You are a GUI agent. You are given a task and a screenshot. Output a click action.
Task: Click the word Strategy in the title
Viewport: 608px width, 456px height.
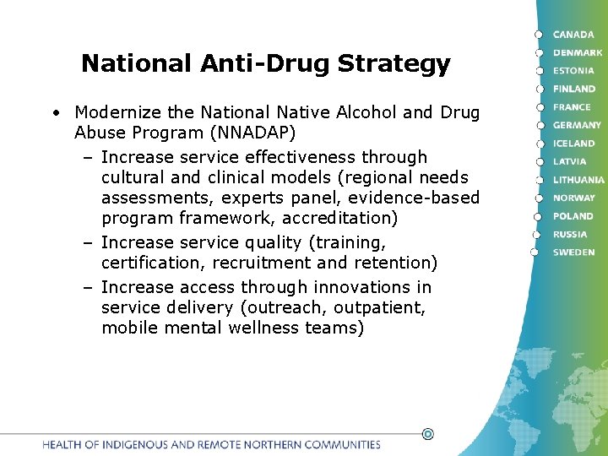click(394, 64)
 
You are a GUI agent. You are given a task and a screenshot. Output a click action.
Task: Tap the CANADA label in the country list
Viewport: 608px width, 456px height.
click(573, 35)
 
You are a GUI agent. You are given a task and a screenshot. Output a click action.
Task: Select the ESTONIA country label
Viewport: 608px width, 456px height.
click(573, 71)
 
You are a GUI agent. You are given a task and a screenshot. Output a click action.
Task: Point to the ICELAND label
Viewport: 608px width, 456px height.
click(574, 144)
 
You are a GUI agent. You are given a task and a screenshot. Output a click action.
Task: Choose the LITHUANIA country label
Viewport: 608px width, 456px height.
click(578, 180)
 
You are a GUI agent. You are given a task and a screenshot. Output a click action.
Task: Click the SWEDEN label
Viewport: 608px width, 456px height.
click(573, 252)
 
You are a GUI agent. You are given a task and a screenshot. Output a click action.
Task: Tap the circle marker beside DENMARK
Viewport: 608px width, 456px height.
click(538, 52)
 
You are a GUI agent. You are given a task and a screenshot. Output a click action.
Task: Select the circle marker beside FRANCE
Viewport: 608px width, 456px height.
click(538, 107)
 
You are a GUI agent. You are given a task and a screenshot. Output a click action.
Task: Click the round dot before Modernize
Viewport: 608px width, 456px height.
click(54, 112)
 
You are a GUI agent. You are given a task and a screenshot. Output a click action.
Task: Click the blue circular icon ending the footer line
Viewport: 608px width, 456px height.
click(427, 434)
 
